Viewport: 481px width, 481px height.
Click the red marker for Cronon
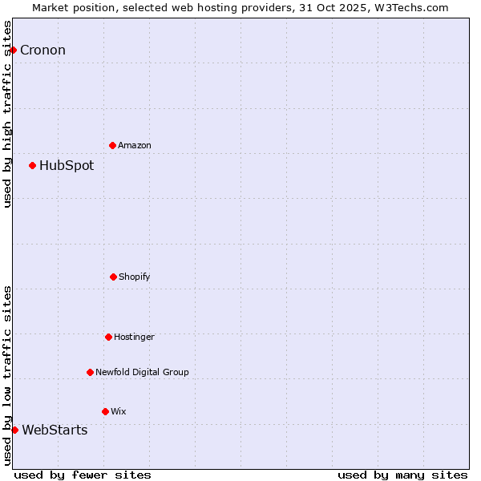point(13,51)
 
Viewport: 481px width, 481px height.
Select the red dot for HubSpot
point(32,166)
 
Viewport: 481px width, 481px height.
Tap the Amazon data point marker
point(112,145)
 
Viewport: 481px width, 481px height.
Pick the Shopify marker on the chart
point(113,277)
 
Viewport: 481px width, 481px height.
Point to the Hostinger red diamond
point(108,337)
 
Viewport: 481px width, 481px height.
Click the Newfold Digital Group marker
point(90,372)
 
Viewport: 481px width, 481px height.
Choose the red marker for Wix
point(105,411)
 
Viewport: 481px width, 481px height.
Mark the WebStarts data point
point(14,430)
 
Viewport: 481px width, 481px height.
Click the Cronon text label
point(42,51)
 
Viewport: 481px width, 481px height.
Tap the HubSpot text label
point(67,166)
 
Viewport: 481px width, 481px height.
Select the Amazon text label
point(135,145)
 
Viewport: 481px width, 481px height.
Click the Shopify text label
point(135,277)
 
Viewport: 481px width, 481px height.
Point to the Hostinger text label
point(134,337)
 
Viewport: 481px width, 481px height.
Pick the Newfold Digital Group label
point(142,372)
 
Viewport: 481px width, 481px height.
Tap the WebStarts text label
point(55,430)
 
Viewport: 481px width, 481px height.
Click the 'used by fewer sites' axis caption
point(83,475)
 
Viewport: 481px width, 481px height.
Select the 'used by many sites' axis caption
point(402,475)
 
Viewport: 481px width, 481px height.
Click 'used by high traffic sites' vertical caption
point(7,114)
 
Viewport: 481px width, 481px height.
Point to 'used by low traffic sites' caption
point(7,375)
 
